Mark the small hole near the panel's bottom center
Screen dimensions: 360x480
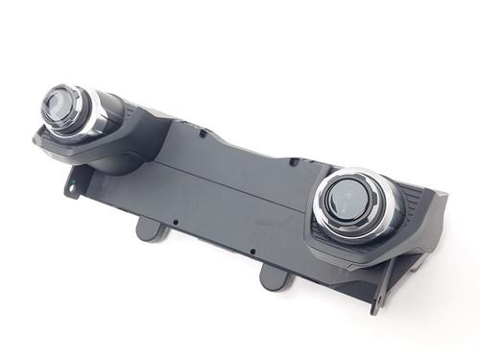[252, 252]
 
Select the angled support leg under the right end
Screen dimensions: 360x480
[384, 288]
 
